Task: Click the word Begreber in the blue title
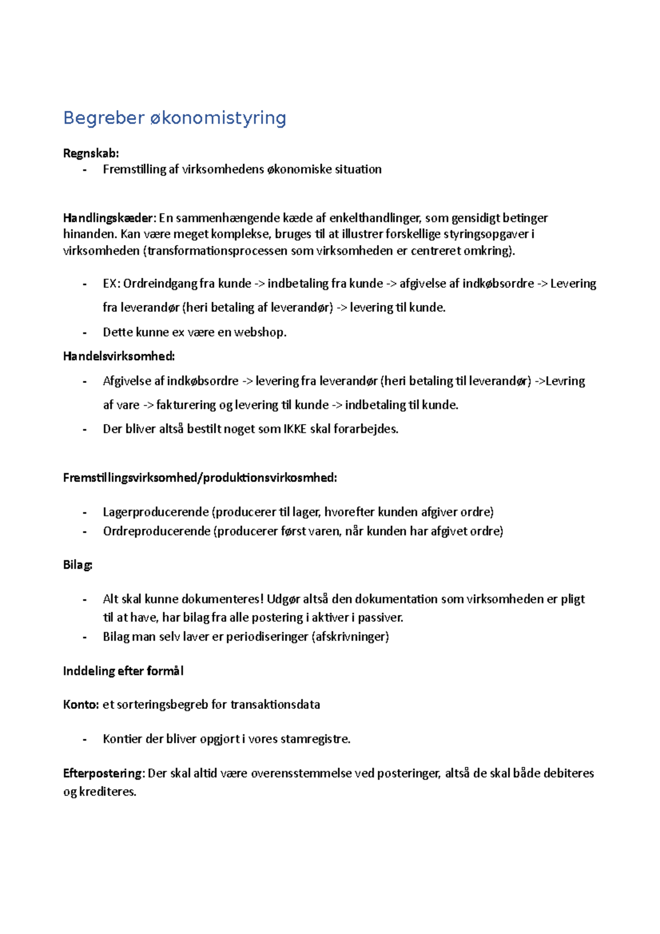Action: point(103,118)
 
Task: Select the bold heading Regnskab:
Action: point(91,153)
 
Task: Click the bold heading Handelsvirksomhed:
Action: point(119,356)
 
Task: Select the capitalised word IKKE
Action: point(295,429)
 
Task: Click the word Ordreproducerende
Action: point(157,531)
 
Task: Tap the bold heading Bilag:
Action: point(78,565)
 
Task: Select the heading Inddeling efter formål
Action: point(123,671)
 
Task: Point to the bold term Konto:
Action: point(81,705)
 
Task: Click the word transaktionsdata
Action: point(275,705)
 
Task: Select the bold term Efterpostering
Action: point(103,773)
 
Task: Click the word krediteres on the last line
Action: point(107,792)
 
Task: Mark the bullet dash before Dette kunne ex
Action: point(85,332)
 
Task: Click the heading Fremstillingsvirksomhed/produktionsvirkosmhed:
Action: point(200,477)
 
